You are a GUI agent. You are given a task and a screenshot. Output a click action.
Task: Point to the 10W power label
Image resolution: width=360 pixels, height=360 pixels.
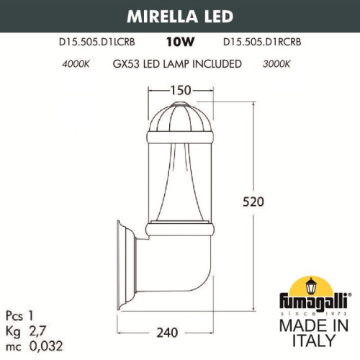coord(179,43)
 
